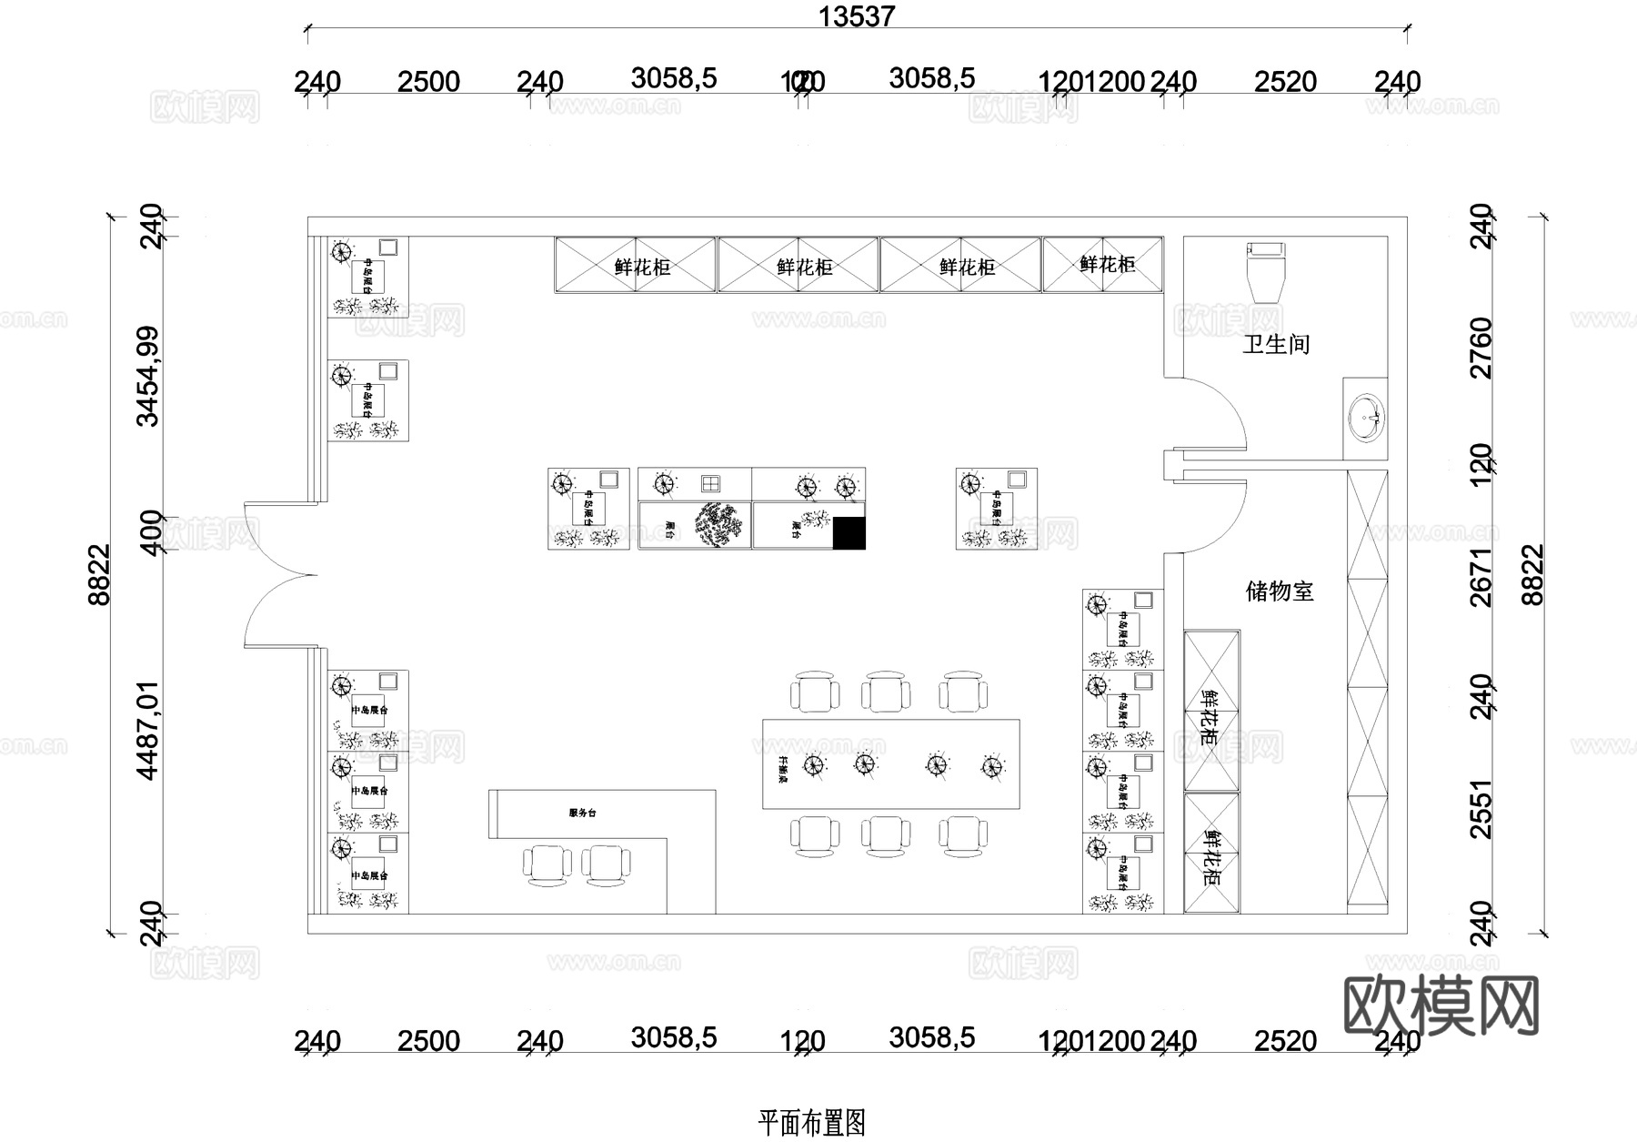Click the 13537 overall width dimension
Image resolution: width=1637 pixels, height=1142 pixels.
tap(856, 16)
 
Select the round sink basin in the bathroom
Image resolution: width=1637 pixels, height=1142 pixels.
tap(1365, 418)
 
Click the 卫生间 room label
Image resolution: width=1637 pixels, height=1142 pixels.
tap(1276, 345)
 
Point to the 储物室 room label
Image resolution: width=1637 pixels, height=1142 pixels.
tap(1280, 591)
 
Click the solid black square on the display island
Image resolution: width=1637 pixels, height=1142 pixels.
tap(849, 533)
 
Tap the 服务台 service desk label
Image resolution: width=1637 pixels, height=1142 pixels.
tap(582, 813)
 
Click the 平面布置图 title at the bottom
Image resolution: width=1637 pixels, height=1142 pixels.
tap(811, 1123)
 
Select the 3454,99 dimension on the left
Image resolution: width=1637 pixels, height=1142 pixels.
tap(147, 376)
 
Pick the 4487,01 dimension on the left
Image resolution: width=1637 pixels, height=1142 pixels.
tap(147, 730)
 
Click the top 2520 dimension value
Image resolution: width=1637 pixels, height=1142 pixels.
tap(1285, 82)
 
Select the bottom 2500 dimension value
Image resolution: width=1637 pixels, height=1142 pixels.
tap(428, 1041)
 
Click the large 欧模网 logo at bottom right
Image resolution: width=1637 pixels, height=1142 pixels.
tap(1441, 1006)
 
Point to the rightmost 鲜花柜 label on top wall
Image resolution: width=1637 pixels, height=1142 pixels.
tap(1107, 265)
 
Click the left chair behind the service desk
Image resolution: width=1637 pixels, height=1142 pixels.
tap(547, 864)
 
